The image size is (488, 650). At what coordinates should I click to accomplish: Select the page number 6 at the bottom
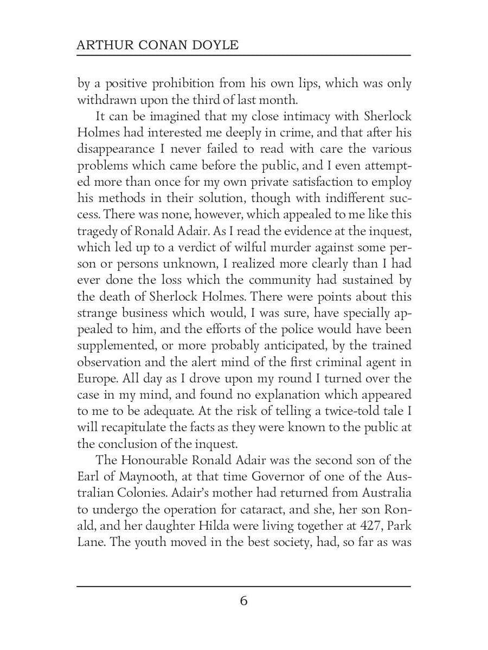[243, 601]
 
